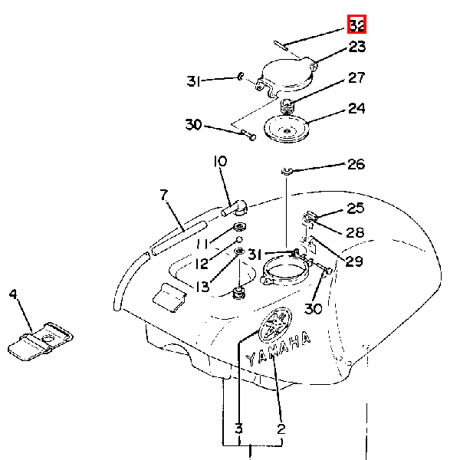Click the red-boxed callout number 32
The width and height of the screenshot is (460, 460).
(x=357, y=25)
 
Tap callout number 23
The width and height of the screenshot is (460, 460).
(x=357, y=47)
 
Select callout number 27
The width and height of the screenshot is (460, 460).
(x=356, y=77)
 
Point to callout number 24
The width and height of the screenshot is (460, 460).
(x=356, y=109)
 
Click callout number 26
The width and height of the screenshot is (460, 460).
(x=356, y=164)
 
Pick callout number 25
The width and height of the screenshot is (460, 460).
(x=355, y=209)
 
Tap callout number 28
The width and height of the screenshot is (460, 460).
(x=355, y=232)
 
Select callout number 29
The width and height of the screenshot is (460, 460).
(x=354, y=261)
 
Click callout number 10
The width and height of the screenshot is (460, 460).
(x=220, y=161)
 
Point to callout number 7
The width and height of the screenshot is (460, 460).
(x=164, y=195)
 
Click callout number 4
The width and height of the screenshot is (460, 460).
(x=13, y=294)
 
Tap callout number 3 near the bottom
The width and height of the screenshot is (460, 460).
(x=239, y=429)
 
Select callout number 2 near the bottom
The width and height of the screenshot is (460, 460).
(x=281, y=429)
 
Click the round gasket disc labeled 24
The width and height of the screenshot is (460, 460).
(x=286, y=129)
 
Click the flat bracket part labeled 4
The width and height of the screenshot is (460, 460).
(x=40, y=341)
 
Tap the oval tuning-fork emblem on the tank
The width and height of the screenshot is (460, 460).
(x=275, y=325)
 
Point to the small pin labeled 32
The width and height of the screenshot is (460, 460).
(x=281, y=46)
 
